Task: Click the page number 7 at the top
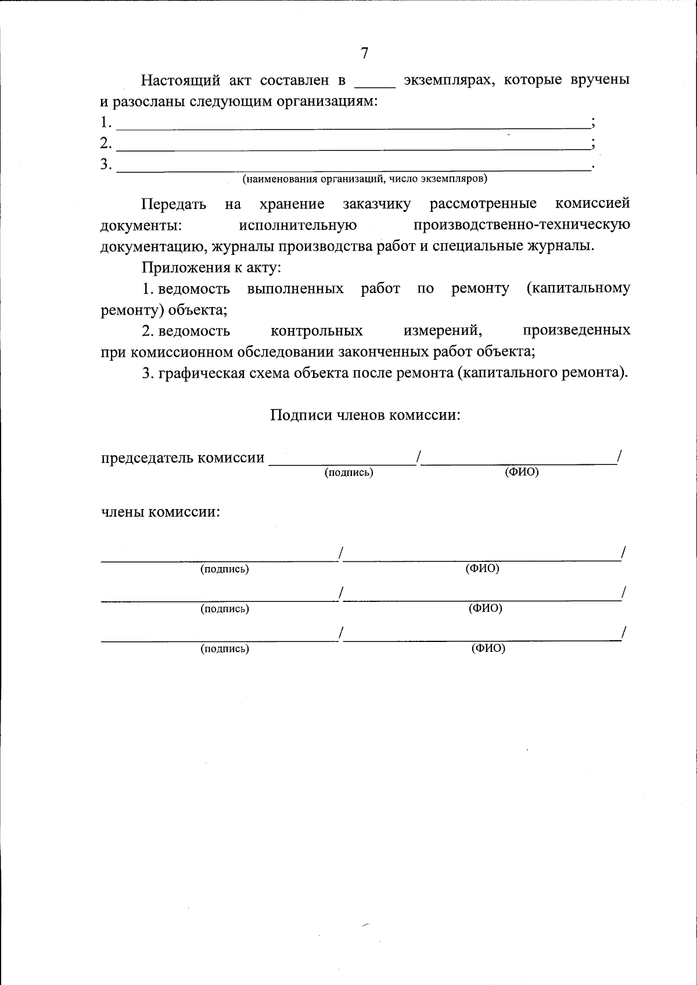pos(364,53)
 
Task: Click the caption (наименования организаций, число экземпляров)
pos(365,179)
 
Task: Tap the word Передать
pos(174,204)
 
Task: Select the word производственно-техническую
pos(522,225)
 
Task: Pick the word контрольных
pos(317,331)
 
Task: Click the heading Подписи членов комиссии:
pos(365,415)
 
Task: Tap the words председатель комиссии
pos(182,458)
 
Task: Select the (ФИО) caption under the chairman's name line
pos(522,472)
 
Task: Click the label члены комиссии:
pos(161,513)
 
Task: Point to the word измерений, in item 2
pos(443,331)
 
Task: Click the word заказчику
pos(376,204)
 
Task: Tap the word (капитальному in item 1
pos(578,288)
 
